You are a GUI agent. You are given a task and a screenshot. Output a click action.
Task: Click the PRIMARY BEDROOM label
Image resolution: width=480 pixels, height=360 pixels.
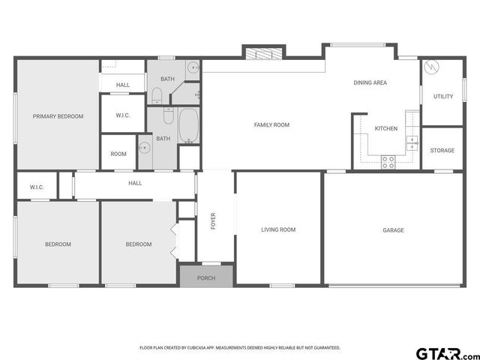point(58,116)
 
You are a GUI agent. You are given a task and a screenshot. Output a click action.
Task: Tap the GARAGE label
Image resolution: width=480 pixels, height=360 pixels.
point(393,230)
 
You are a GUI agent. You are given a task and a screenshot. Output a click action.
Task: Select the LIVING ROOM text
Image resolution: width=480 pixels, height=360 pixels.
point(278,229)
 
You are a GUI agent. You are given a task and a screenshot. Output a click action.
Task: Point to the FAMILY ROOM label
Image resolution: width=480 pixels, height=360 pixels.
point(271,125)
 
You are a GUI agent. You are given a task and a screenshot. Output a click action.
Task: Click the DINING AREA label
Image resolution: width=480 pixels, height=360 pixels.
point(370,82)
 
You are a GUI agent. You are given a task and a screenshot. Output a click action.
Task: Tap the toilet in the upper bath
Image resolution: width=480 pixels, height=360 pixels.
point(157,95)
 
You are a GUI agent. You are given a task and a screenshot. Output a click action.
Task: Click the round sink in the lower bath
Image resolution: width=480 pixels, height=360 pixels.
point(145,148)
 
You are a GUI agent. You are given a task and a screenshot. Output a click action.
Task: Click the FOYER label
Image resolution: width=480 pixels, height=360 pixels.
point(213,221)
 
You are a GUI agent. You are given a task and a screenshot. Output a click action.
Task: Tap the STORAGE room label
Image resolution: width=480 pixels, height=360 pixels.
point(442,151)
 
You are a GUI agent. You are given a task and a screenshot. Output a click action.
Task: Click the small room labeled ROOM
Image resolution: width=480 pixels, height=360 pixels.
point(118,154)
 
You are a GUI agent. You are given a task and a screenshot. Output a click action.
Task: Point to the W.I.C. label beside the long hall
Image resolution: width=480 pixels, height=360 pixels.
point(37,187)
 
